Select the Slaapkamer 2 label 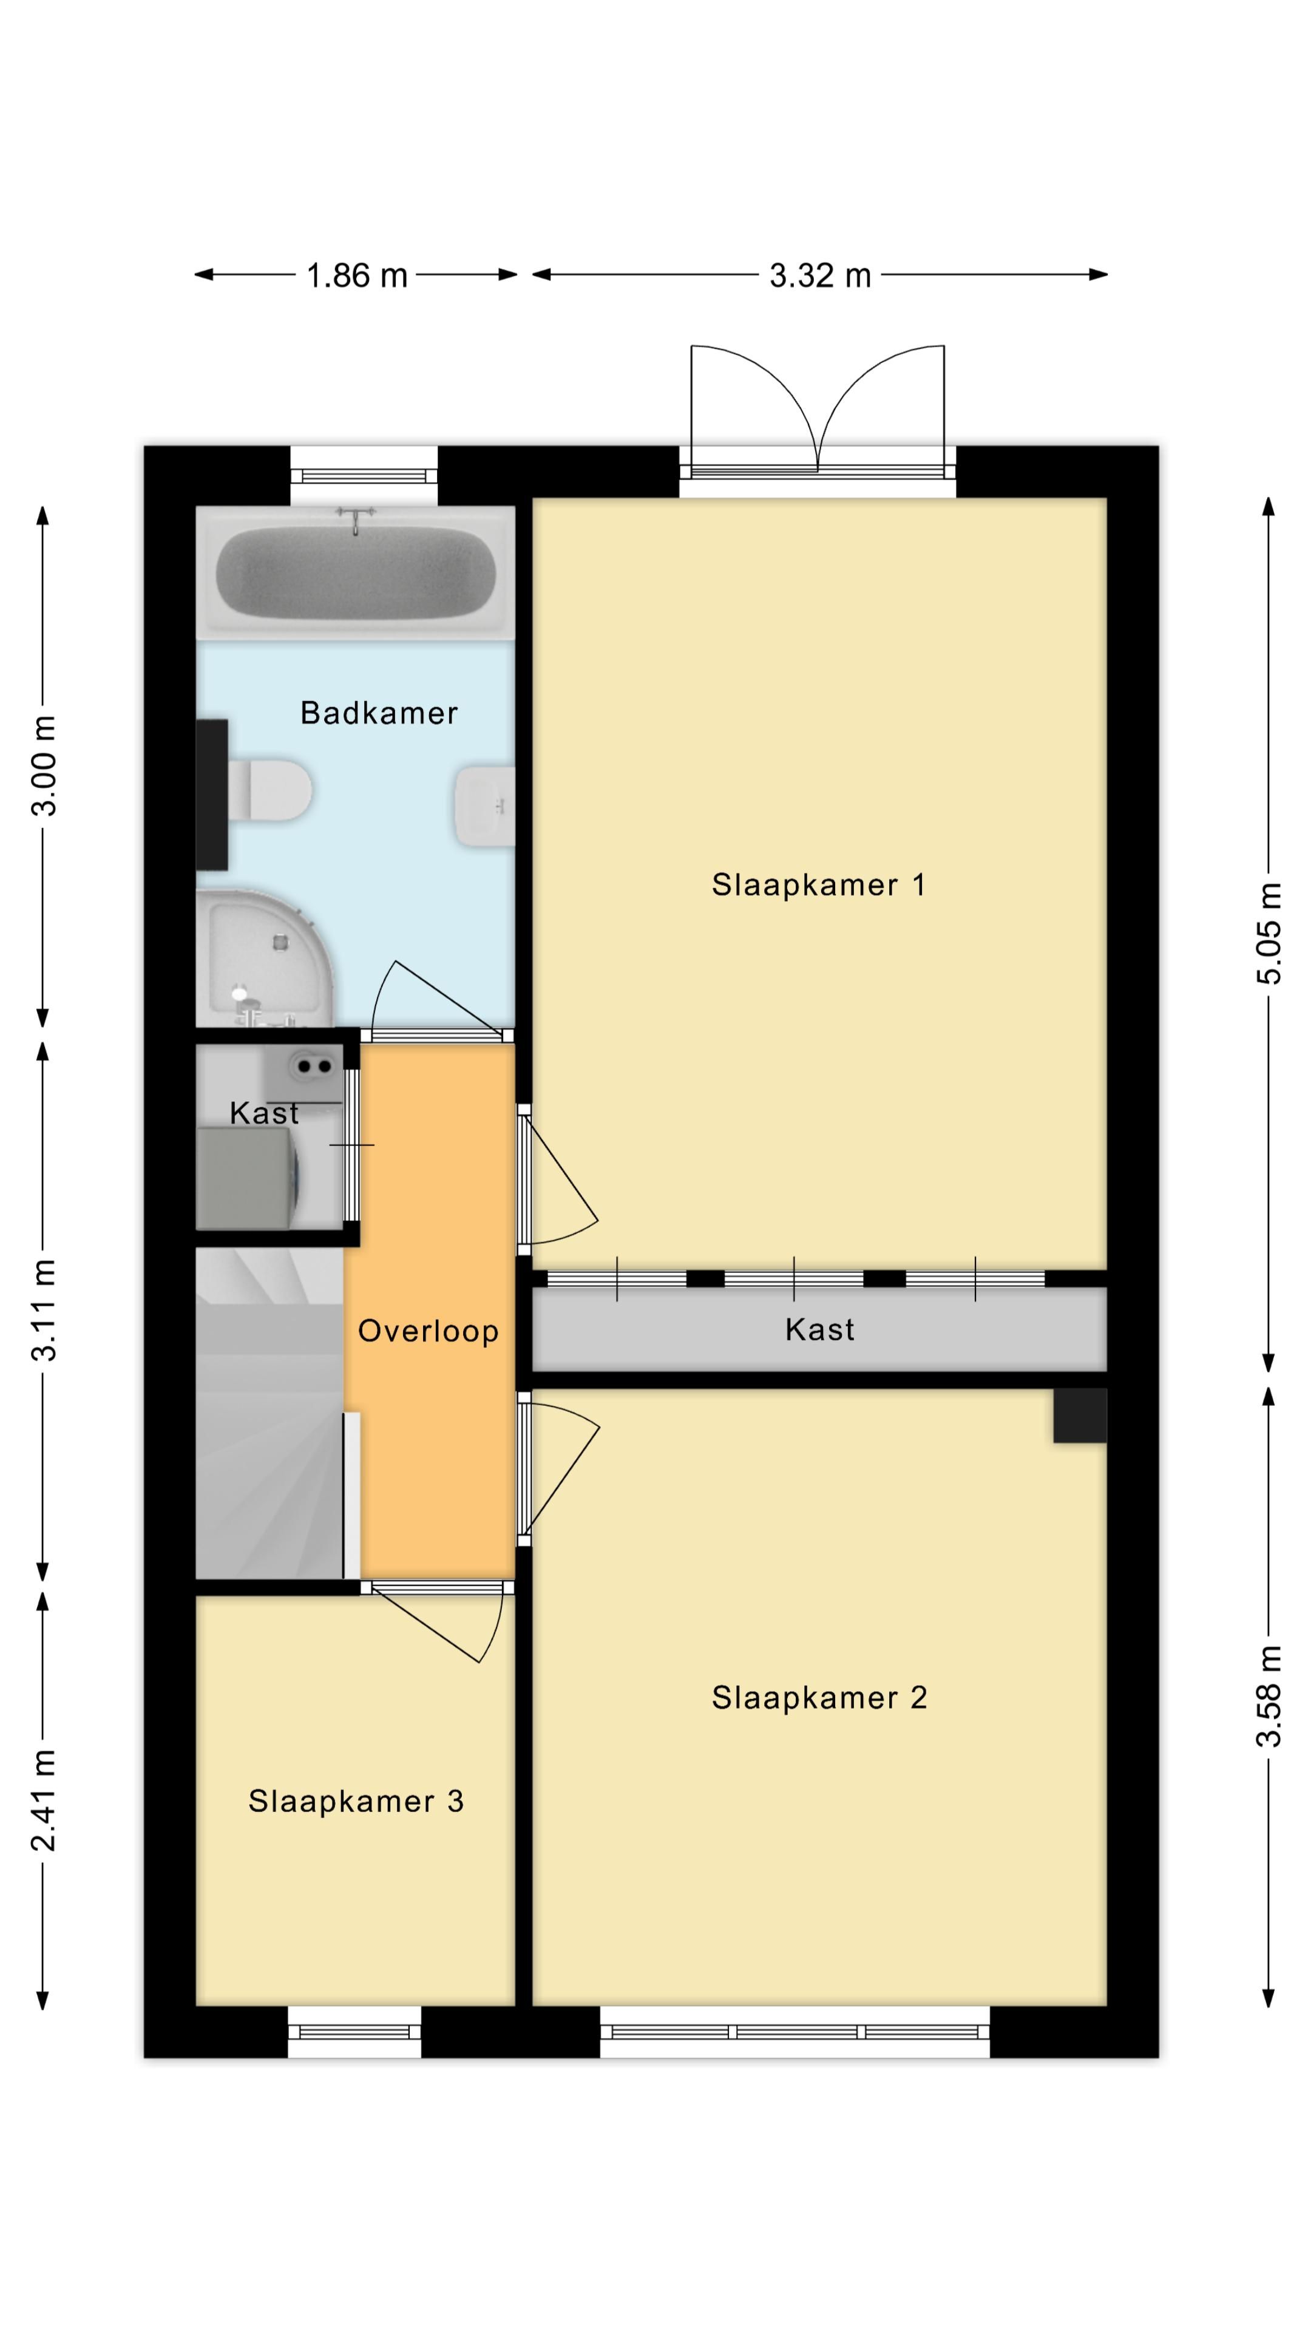click(819, 1698)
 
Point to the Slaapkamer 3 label click(356, 1802)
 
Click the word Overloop click(428, 1331)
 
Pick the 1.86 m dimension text click(356, 275)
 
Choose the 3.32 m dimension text click(820, 275)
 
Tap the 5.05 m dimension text click(1269, 933)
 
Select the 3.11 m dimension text click(44, 1311)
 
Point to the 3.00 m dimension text click(44, 765)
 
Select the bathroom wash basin click(486, 806)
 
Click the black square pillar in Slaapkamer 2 click(1079, 1415)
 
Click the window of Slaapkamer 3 click(354, 2032)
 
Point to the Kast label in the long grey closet click(820, 1329)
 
